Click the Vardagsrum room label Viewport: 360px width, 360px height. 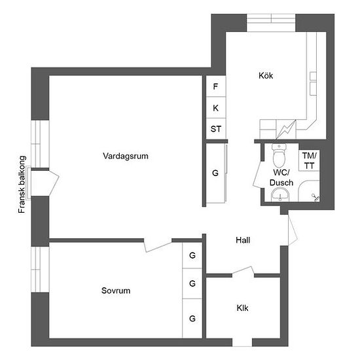(126, 156)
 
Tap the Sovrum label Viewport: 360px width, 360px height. (116, 291)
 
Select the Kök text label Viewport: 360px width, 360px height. (266, 75)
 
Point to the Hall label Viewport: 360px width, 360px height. (243, 240)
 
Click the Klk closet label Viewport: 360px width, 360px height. (242, 308)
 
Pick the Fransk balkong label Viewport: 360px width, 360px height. (22, 185)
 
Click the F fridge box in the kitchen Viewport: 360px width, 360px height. (216, 86)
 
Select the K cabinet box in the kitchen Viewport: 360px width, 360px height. (216, 107)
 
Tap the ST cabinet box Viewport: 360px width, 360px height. (216, 128)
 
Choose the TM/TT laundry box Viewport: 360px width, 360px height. (309, 160)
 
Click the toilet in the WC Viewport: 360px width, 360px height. (279, 156)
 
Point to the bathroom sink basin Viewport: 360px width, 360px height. (280, 194)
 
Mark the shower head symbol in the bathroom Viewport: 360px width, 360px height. (315, 198)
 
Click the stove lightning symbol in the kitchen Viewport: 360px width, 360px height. (286, 130)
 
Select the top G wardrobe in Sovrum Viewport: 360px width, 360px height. (192, 255)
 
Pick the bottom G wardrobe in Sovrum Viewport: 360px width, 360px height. (192, 319)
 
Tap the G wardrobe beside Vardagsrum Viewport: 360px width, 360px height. (216, 173)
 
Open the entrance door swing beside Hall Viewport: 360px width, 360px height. (293, 230)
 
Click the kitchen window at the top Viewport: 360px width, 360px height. (271, 23)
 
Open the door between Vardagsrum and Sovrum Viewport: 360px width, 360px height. (158, 245)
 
